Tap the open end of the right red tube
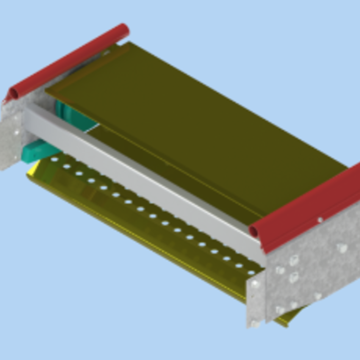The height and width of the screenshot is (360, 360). coord(254,231)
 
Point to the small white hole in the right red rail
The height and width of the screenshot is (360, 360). coord(320,220)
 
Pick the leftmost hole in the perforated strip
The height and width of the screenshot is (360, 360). coord(54,159)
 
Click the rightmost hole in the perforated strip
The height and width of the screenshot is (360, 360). coord(251,273)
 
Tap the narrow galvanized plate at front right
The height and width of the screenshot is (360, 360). coord(256,301)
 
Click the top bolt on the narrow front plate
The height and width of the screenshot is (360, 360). coord(255,283)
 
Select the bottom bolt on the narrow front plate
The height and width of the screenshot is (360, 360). coord(254,323)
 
